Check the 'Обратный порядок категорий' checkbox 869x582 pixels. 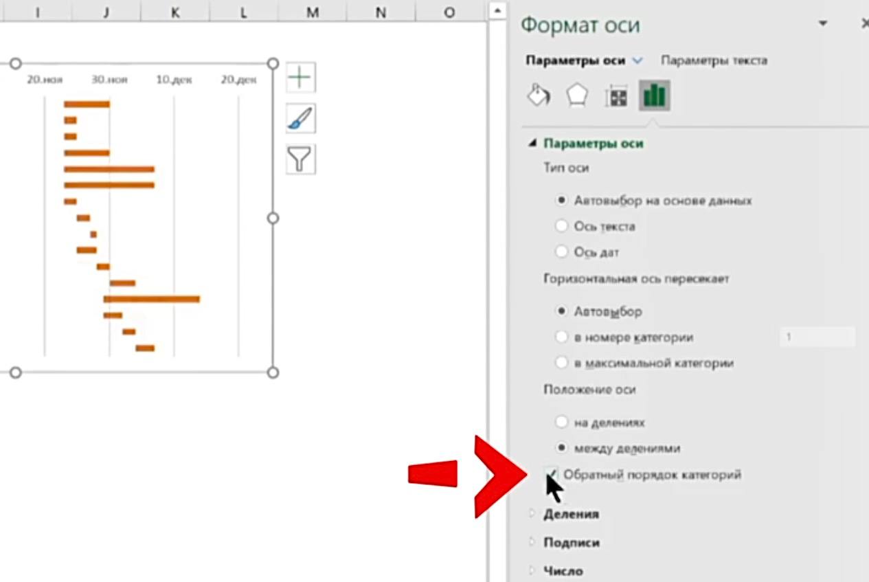[551, 474]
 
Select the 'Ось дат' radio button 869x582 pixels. [561, 251]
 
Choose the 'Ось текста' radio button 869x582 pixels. [561, 226]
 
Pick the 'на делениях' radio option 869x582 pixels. [561, 422]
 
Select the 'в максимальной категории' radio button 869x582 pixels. [561, 362]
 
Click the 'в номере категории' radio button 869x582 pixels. [561, 337]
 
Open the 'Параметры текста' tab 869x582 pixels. [714, 60]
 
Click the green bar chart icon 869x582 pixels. [655, 96]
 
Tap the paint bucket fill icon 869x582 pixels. [539, 95]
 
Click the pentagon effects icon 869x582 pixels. [577, 95]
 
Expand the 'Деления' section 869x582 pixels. [571, 514]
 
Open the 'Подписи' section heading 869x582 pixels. [572, 542]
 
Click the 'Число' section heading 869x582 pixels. [563, 571]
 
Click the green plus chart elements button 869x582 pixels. [301, 77]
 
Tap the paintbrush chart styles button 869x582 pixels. [301, 118]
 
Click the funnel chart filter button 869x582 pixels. [301, 159]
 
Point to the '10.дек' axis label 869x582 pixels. [174, 80]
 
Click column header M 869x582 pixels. [313, 12]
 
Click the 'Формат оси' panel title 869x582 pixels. [580, 25]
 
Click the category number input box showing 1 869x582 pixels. [817, 337]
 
